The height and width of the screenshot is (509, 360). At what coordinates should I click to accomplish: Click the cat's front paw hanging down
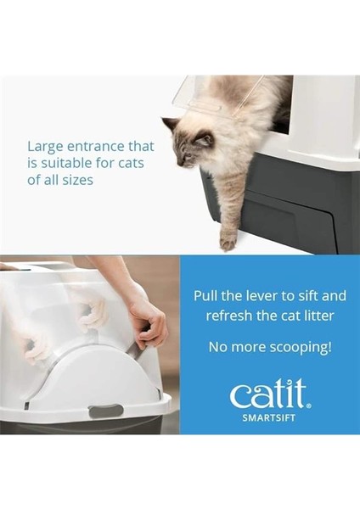tap(228, 241)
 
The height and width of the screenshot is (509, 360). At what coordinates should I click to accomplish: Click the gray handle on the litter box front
tap(105, 411)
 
